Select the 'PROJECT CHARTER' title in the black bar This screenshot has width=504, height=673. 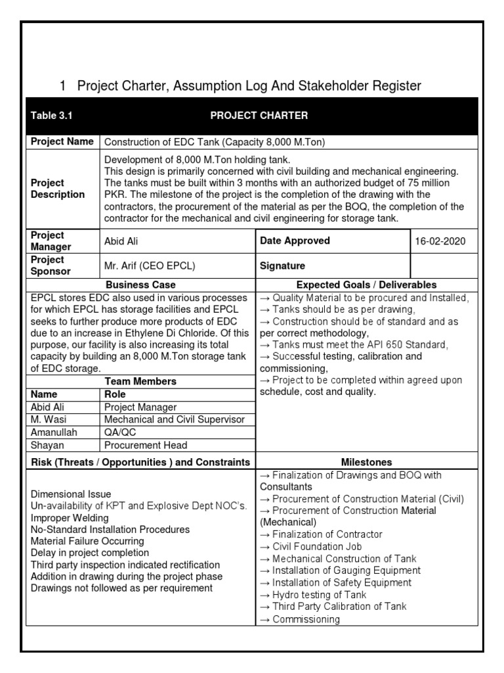(x=259, y=116)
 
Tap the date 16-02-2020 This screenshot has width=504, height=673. (x=440, y=241)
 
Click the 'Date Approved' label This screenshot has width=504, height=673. (x=295, y=241)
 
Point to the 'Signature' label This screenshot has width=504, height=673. (x=282, y=266)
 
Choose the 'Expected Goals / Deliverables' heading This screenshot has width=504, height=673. (x=366, y=285)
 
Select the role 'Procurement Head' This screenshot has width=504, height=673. (x=146, y=445)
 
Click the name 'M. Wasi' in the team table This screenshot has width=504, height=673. (x=48, y=419)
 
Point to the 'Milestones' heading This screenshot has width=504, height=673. (x=366, y=462)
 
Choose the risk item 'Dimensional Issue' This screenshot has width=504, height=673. (x=71, y=494)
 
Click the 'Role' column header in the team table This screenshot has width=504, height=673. (x=115, y=394)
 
